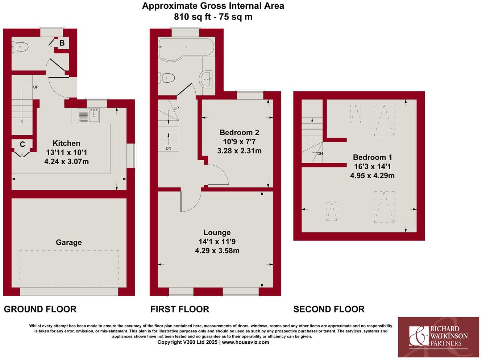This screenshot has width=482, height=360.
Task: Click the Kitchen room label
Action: pyautogui.click(x=66, y=143)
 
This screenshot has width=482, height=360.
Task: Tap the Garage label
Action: pyautogui.click(x=68, y=243)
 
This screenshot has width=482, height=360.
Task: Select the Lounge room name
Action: pyautogui.click(x=217, y=233)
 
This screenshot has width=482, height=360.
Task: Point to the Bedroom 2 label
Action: pyautogui.click(x=239, y=132)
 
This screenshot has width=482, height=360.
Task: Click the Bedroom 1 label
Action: pyautogui.click(x=372, y=157)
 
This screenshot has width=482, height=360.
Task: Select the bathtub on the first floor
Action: pyautogui.click(x=186, y=47)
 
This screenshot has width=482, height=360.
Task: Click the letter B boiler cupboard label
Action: pyautogui.click(x=62, y=44)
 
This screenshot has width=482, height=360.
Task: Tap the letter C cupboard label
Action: pyautogui.click(x=22, y=145)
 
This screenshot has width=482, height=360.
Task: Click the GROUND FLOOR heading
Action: pyautogui.click(x=40, y=309)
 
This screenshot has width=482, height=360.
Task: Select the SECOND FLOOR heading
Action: pyautogui.click(x=329, y=309)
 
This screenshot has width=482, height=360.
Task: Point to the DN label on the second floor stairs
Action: pyautogui.click(x=320, y=154)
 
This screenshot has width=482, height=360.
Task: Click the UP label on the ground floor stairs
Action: pyautogui.click(x=36, y=87)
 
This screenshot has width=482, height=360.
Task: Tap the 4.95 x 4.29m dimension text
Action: pyautogui.click(x=372, y=176)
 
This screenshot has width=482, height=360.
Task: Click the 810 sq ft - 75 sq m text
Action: pyautogui.click(x=213, y=17)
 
